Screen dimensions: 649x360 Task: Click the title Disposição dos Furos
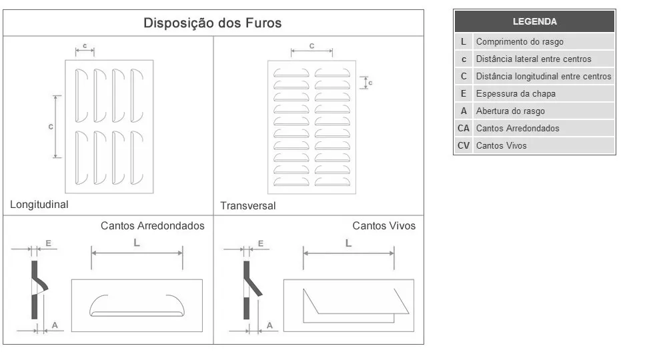coord(212,23)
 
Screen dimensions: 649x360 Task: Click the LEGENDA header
coord(535,21)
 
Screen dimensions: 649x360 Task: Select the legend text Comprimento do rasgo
coord(520,41)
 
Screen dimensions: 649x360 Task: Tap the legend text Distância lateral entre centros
coord(534,59)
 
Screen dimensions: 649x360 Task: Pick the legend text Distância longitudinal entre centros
coord(544,76)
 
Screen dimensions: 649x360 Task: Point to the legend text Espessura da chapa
coord(516,93)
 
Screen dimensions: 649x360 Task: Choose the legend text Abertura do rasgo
coord(510,111)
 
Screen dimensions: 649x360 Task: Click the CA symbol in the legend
coord(464,128)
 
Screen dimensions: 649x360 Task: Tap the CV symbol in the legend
coord(464,145)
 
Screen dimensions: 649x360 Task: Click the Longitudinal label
coord(39,205)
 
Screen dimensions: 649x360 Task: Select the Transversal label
coord(248,205)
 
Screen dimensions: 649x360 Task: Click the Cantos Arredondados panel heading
coord(152,225)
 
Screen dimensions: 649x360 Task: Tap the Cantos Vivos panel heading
coord(384,225)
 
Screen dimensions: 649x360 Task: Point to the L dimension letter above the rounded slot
coord(137,243)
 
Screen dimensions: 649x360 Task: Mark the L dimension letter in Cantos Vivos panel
coord(348,243)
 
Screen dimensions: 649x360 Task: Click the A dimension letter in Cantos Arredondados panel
coord(55,325)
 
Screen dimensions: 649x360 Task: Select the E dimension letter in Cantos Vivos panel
coord(261,243)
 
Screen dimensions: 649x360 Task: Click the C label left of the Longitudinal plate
coord(51,127)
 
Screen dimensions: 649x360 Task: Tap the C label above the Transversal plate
coord(311,46)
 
